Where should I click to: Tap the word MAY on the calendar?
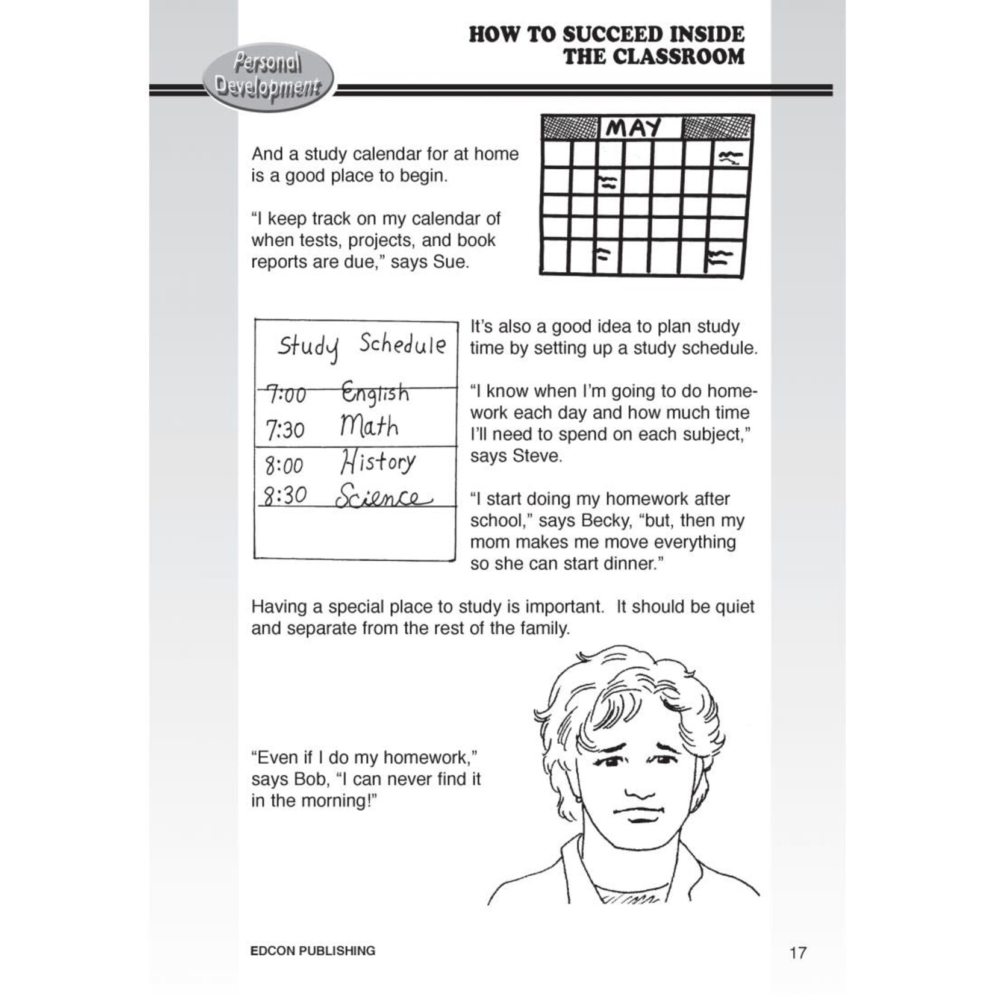click(633, 128)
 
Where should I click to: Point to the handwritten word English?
click(375, 393)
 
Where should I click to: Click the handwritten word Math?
click(369, 426)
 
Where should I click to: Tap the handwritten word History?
click(377, 463)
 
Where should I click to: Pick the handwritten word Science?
click(383, 497)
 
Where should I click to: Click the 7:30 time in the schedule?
click(285, 430)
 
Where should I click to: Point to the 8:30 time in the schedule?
click(285, 496)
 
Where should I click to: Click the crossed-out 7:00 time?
click(287, 395)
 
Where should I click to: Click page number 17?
click(797, 953)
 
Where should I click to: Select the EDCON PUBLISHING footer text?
click(312, 950)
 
